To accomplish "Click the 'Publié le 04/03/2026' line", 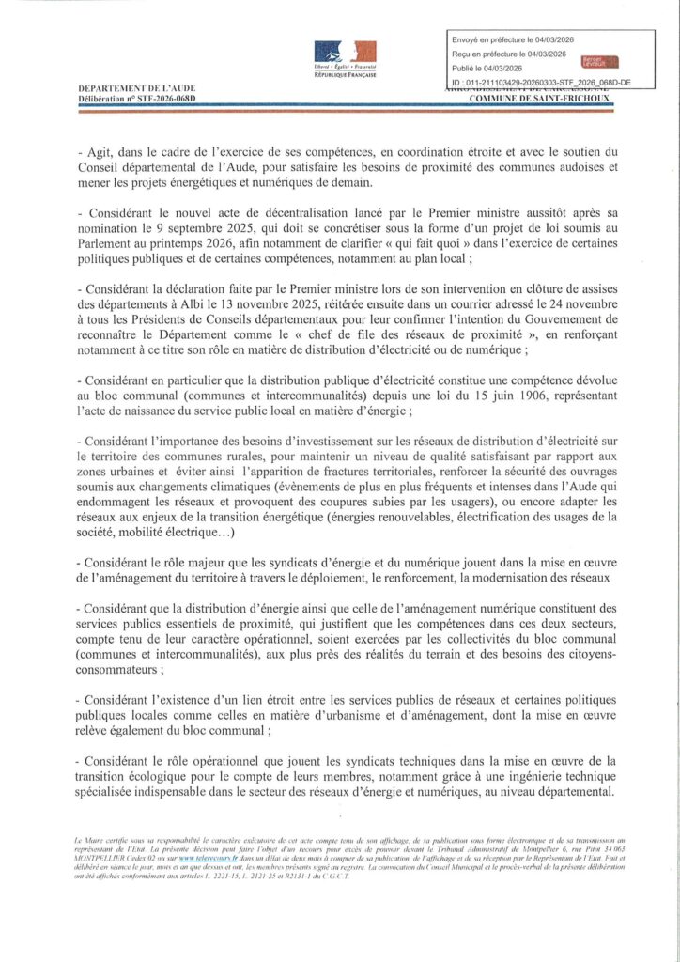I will [495, 69].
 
